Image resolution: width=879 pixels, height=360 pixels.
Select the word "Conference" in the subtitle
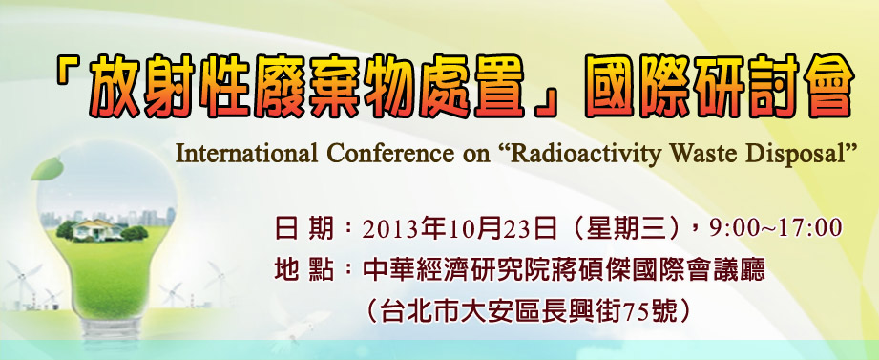pyautogui.click(x=381, y=154)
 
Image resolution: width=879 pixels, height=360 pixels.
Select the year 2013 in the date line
pyautogui.click(x=387, y=229)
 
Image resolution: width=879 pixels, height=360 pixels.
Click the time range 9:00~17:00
pyautogui.click(x=776, y=229)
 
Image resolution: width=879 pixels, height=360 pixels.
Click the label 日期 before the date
pyautogui.click(x=304, y=229)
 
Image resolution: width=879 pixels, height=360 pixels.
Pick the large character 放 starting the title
pyautogui.click(x=110, y=86)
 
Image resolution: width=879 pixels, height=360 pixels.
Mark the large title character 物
pyautogui.click(x=390, y=86)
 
